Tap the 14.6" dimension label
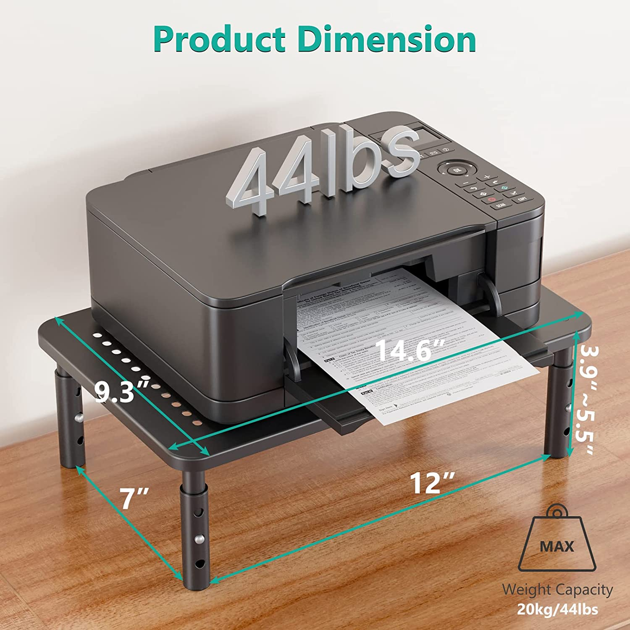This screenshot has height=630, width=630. click(410, 349)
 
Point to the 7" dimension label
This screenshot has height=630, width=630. click(134, 498)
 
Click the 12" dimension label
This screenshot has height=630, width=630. click(432, 483)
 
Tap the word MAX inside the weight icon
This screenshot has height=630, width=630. click(556, 546)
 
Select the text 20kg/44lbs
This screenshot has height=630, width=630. click(557, 609)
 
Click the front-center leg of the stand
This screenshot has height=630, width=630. click(194, 529)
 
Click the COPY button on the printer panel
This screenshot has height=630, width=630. click(522, 199)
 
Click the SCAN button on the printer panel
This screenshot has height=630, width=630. click(500, 206)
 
